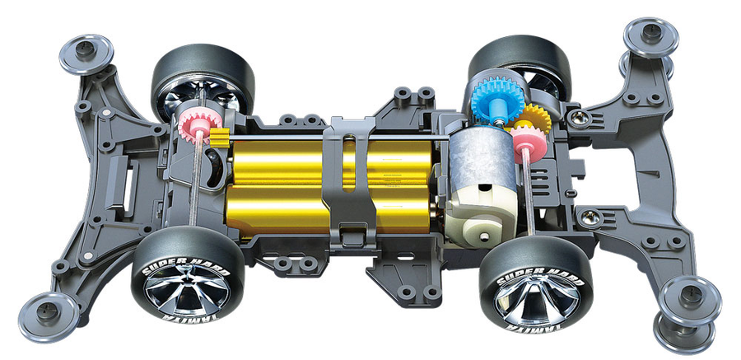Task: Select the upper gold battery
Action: [x=331, y=161]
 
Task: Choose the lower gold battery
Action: [x=331, y=208]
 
